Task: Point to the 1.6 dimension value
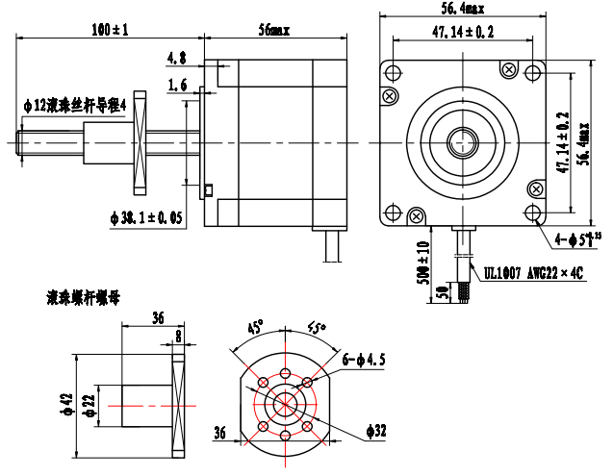tap(177, 86)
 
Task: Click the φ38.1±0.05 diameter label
tap(147, 218)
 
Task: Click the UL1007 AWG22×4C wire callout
tap(534, 272)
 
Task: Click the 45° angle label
tap(255, 327)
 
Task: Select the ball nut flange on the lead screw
tap(138, 141)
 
